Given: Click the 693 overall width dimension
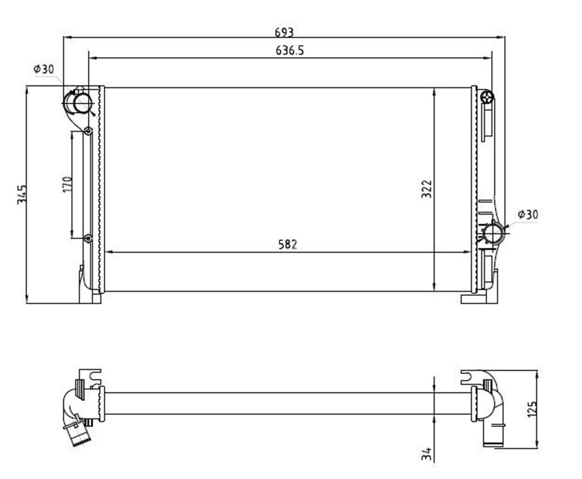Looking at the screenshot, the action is [x=284, y=33].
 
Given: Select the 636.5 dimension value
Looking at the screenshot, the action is [x=290, y=51].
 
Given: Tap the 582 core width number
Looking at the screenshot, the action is [x=288, y=244].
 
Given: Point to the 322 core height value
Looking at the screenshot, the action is [x=427, y=189].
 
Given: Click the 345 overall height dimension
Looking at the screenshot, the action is [x=22, y=194].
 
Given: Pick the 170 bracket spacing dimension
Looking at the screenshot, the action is [x=67, y=184].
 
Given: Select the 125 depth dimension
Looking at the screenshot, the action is [x=533, y=409].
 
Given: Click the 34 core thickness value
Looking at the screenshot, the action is [x=426, y=454].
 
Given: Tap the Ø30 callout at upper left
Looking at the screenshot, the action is [x=44, y=69].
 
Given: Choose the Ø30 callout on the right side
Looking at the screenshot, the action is [x=528, y=214].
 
